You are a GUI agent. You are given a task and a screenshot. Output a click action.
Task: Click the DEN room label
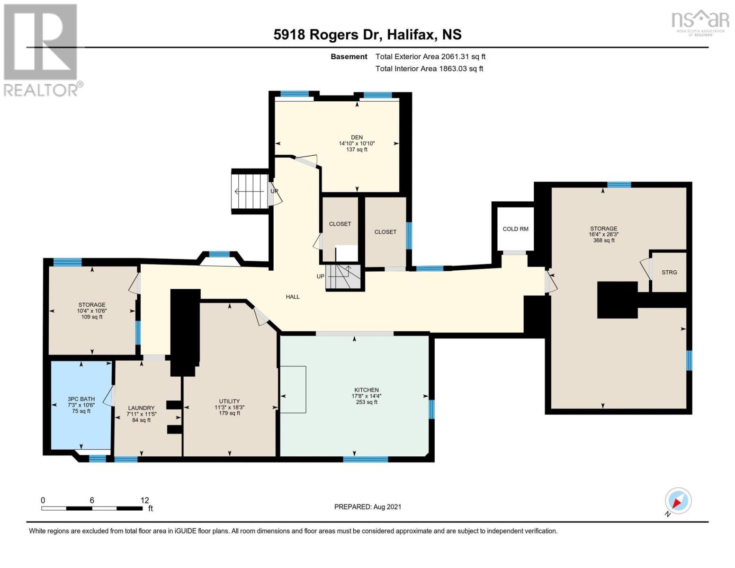point(357,138)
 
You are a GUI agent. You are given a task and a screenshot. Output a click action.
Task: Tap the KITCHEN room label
point(367,390)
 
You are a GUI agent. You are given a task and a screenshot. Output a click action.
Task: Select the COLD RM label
point(515,229)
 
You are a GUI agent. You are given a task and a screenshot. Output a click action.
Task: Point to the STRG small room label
point(669,272)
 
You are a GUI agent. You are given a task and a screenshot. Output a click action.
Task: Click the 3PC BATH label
point(81,399)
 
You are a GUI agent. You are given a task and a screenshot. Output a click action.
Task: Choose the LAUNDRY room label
point(141,408)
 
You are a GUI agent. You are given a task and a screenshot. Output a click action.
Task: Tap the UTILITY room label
point(229,401)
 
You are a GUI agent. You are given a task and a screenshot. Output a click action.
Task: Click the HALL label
point(293,297)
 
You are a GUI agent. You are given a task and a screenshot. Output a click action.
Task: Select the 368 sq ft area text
point(604,240)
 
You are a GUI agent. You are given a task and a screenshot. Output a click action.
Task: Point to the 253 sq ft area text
point(367,402)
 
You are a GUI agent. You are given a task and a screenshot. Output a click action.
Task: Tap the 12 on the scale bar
point(145,500)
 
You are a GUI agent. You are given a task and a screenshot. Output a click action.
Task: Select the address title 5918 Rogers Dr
point(328,35)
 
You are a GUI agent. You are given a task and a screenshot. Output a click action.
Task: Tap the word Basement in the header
point(349,57)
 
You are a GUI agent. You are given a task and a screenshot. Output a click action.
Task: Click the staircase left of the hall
point(251,191)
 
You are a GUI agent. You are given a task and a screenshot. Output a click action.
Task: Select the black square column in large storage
point(617,300)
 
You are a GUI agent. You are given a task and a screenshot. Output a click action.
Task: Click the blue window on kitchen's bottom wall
point(365,459)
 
